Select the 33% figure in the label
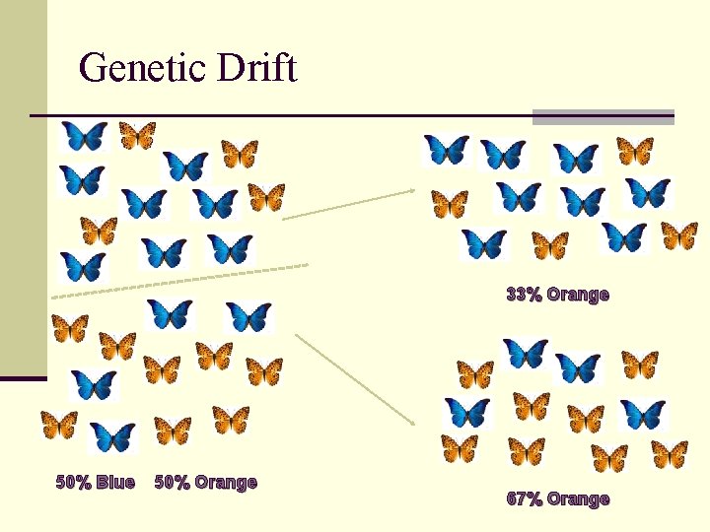pos(523,294)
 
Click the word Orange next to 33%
pos(578,294)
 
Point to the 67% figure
pos(523,499)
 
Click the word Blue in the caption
pos(116,482)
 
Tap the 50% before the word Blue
pos(74,482)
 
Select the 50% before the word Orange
pos(173,482)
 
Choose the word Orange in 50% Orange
pos(226,482)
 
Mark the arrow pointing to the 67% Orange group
pos(355,379)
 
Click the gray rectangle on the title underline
pos(603,116)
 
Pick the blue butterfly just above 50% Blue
pos(112,436)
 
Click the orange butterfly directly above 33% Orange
pos(550,244)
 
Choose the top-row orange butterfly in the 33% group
pos(635,150)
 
